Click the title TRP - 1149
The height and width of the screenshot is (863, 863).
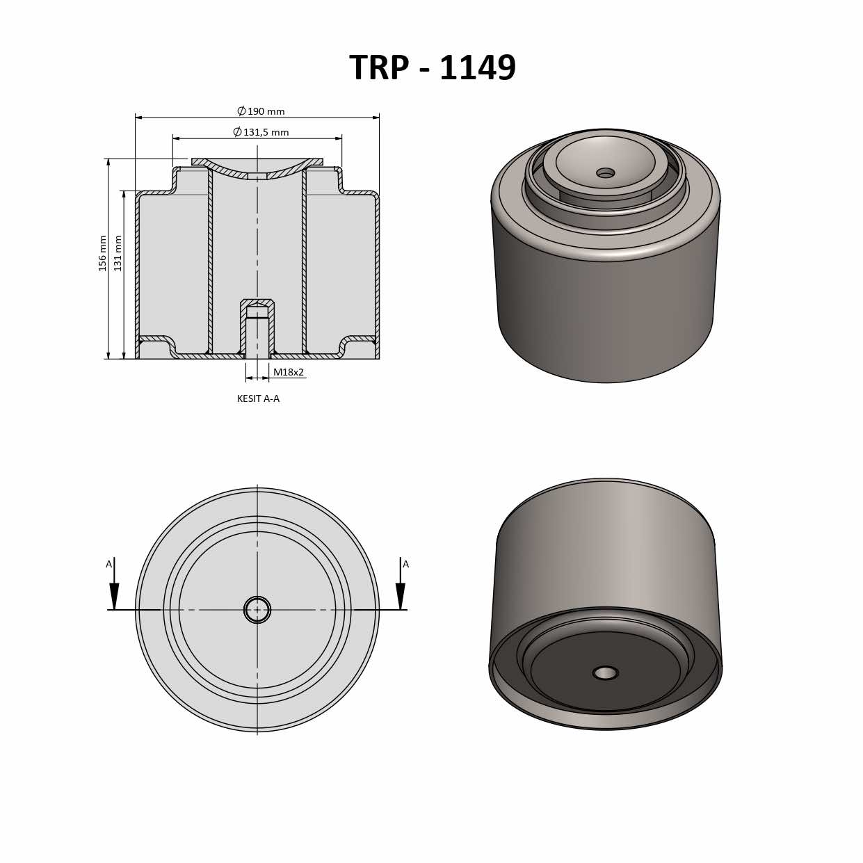tap(432, 68)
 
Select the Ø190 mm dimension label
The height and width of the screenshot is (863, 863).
tap(261, 111)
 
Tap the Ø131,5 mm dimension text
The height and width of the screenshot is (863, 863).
tap(261, 132)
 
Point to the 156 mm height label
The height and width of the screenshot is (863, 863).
tap(103, 253)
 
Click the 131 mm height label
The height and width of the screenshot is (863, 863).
tap(118, 253)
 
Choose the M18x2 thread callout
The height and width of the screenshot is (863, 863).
tap(288, 372)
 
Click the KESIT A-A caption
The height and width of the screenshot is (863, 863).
tap(258, 398)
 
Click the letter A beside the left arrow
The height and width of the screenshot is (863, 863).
tap(108, 564)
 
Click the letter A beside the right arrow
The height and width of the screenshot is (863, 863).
tap(406, 564)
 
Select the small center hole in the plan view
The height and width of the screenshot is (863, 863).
tap(257, 610)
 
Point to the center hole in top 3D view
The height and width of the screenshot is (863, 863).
tap(606, 172)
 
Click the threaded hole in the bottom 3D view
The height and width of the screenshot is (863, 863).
tap(606, 672)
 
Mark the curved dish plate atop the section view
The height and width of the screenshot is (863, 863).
tap(257, 167)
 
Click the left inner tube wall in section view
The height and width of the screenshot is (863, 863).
tap(210, 261)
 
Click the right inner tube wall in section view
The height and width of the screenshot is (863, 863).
tap(305, 261)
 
